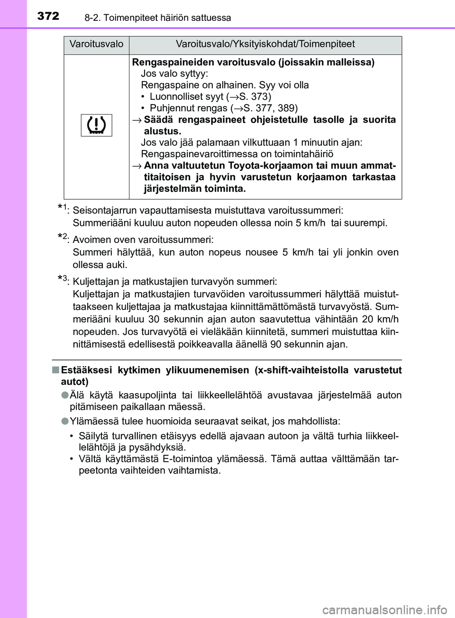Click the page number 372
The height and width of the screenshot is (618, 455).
(x=48, y=16)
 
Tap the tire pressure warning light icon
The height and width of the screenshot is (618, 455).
(x=96, y=125)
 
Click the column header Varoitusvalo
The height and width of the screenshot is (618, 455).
(x=96, y=45)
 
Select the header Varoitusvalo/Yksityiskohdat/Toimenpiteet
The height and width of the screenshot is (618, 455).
(x=265, y=45)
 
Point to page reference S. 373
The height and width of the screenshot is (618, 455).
(x=254, y=97)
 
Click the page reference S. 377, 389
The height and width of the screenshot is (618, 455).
(x=270, y=108)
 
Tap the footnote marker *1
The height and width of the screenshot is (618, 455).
(x=63, y=208)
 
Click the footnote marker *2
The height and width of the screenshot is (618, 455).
(x=63, y=237)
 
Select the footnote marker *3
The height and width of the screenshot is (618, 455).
(x=63, y=279)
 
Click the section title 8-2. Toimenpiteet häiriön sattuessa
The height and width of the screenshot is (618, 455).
(x=158, y=18)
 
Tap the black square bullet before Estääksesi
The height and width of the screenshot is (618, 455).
(x=55, y=370)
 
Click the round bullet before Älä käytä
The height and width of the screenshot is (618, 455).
(x=65, y=395)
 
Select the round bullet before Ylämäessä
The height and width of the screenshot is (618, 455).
(x=65, y=421)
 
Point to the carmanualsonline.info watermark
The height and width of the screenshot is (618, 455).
(x=384, y=609)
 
